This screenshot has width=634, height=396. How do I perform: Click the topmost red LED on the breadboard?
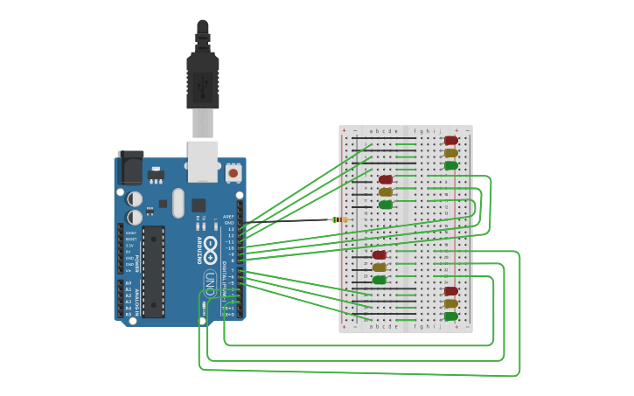tap(450, 140)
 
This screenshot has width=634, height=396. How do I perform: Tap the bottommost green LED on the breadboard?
tap(450, 316)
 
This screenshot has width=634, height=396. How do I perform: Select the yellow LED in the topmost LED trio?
tap(450, 153)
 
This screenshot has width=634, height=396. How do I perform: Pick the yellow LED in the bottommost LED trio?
tap(450, 303)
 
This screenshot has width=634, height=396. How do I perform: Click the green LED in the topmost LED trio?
tap(450, 165)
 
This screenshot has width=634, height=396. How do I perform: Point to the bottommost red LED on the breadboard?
tap(450, 291)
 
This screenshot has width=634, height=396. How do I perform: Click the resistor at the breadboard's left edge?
tap(339, 219)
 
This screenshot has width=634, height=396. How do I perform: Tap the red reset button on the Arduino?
tap(233, 173)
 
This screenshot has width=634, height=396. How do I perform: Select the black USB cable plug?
tap(202, 79)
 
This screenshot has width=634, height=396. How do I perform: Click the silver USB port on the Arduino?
tap(203, 161)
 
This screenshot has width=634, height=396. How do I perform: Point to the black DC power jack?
tap(130, 167)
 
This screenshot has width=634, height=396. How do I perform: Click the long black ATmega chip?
tap(153, 271)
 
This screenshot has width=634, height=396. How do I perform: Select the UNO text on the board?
tap(210, 281)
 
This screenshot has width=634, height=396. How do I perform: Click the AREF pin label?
tap(228, 216)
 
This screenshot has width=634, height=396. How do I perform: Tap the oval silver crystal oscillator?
tap(178, 203)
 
